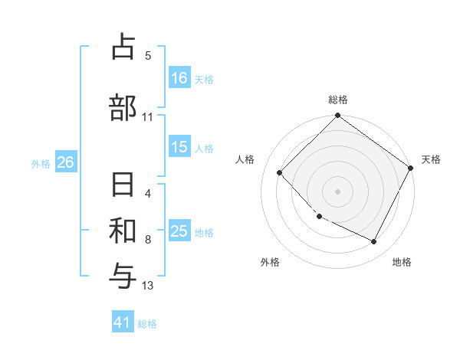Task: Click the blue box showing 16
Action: tap(179, 78)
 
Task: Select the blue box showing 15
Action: tap(179, 147)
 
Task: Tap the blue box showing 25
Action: tap(179, 231)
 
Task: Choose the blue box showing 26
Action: tap(65, 162)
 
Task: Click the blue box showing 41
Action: tap(123, 323)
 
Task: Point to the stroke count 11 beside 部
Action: tap(148, 117)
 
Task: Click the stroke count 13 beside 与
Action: tap(148, 286)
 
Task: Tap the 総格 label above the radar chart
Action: tap(338, 100)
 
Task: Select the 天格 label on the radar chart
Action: tap(432, 159)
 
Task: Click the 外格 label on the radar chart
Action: tap(270, 262)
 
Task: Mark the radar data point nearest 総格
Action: tap(337, 116)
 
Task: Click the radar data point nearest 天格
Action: tap(411, 168)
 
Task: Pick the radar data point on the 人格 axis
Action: tap(280, 173)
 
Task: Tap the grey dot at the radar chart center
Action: tap(337, 191)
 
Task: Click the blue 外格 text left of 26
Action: tap(41, 163)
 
